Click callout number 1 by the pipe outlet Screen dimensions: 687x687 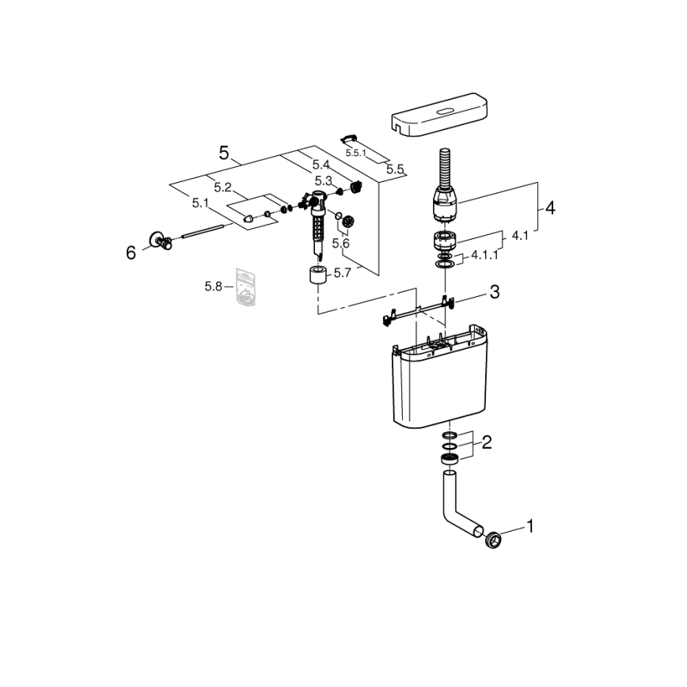[529, 526]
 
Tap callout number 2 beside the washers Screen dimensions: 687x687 [487, 442]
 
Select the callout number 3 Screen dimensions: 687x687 [494, 293]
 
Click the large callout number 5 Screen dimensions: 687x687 [224, 153]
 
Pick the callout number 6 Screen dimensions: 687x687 [131, 252]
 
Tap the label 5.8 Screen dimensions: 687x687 [214, 287]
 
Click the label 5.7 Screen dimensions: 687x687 [342, 273]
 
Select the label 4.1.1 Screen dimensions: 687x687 [484, 256]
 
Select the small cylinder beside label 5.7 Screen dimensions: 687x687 [317, 278]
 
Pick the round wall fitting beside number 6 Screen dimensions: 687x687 [161, 240]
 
